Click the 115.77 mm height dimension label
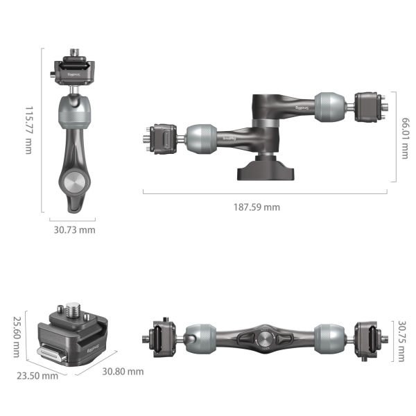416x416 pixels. [28, 130]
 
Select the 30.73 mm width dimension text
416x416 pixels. [74, 229]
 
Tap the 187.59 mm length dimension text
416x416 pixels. [257, 207]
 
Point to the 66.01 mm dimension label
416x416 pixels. [404, 136]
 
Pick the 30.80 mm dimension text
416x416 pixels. [122, 372]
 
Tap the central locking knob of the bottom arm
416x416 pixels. [264, 339]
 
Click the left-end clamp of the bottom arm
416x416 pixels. [159, 339]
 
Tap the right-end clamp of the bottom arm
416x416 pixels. [367, 339]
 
